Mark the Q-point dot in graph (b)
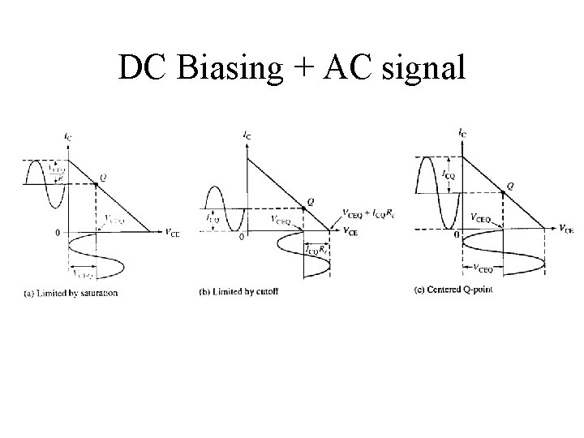tap(303, 209)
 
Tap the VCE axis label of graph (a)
tap(173, 233)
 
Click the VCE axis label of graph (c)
tap(567, 229)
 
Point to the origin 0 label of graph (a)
tap(57, 234)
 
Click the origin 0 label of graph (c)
tap(457, 235)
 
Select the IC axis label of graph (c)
tap(462, 131)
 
